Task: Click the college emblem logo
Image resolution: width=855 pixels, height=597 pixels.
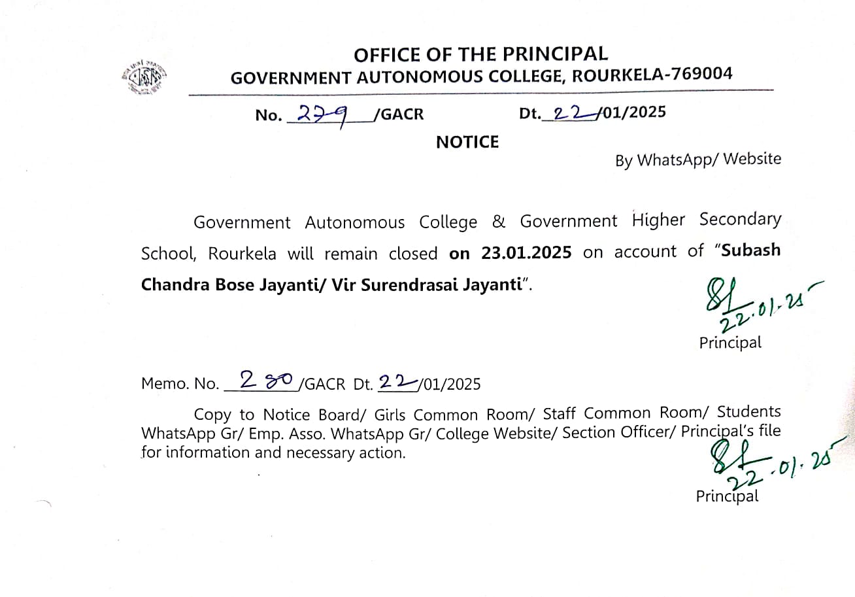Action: click(144, 77)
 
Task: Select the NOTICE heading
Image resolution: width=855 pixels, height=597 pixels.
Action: click(467, 142)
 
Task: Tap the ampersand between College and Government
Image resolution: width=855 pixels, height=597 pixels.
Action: click(498, 221)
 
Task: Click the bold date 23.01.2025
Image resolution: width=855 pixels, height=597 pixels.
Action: click(526, 252)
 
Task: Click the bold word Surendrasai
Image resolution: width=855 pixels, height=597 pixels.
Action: click(416, 285)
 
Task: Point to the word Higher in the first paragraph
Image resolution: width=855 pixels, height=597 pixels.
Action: click(659, 220)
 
